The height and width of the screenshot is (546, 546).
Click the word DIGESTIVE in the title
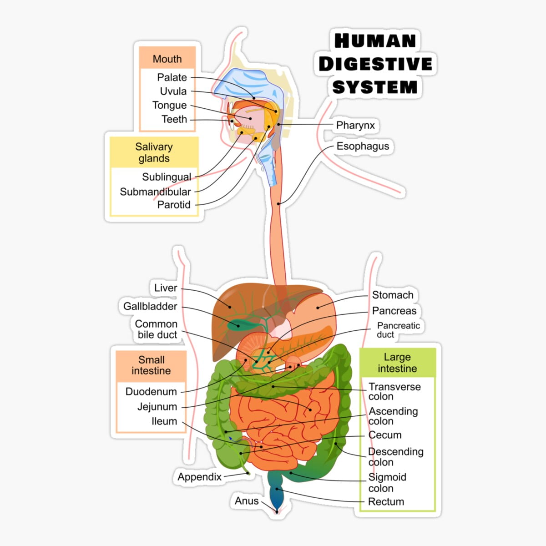(375, 64)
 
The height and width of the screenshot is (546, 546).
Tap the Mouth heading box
(167, 59)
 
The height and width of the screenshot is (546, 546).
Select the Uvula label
(173, 91)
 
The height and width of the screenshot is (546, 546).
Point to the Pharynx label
(355, 125)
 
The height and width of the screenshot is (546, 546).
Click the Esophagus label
(363, 146)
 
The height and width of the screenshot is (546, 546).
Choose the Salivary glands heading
(154, 152)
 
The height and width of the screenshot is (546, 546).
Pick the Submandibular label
(155, 192)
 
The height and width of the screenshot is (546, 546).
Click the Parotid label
(174, 205)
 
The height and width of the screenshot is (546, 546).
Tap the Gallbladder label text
(150, 306)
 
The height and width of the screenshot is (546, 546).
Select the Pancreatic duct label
(398, 330)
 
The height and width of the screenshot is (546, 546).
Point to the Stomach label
(393, 295)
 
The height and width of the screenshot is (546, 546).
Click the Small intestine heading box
(151, 365)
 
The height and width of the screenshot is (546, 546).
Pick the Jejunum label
(157, 407)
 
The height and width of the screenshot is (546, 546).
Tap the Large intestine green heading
(397, 363)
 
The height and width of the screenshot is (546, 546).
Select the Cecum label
(385, 435)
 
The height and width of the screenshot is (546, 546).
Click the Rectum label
(386, 501)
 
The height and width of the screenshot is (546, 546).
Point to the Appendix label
(199, 477)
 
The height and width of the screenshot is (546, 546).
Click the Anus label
(247, 501)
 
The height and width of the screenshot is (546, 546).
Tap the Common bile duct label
(157, 329)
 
